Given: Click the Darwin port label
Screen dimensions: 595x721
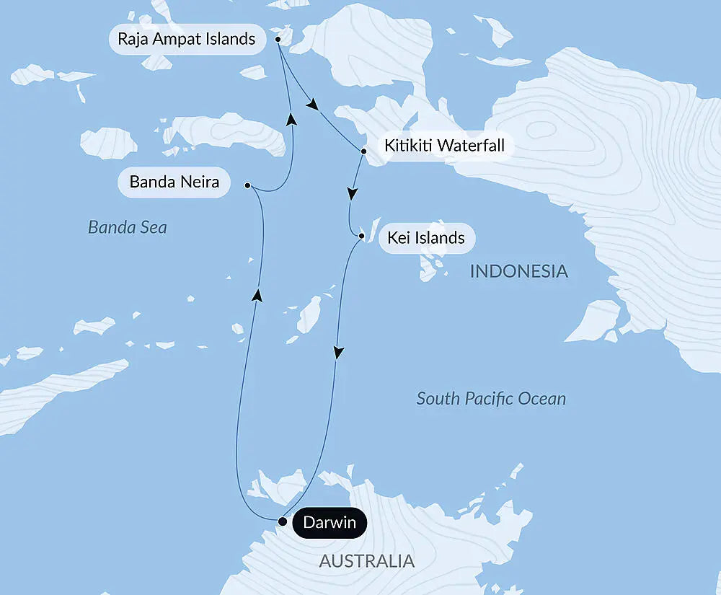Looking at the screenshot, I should click(329, 522).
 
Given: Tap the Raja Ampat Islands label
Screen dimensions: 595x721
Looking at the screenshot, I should click(187, 39).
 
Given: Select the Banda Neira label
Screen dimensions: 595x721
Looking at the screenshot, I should click(174, 182).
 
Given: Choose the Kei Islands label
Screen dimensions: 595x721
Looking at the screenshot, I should click(425, 237).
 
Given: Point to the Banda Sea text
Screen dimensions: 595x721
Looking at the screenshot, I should click(127, 228).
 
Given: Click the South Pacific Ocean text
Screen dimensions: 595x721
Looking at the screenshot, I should click(491, 398).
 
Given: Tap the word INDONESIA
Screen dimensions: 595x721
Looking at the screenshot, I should click(519, 272).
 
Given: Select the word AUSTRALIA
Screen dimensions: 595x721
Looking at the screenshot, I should click(366, 560).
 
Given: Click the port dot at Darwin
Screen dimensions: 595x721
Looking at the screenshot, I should click(283, 521).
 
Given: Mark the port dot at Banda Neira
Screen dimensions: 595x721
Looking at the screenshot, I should click(247, 185).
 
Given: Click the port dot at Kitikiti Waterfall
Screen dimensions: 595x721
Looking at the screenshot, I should click(364, 152).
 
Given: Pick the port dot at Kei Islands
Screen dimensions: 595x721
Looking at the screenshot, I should click(361, 236).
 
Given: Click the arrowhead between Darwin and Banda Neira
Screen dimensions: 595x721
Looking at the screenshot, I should click(256, 293).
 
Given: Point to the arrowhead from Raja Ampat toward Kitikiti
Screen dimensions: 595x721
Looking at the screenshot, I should click(311, 105).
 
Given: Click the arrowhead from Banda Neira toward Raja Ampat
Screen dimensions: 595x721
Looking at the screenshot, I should click(291, 118).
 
